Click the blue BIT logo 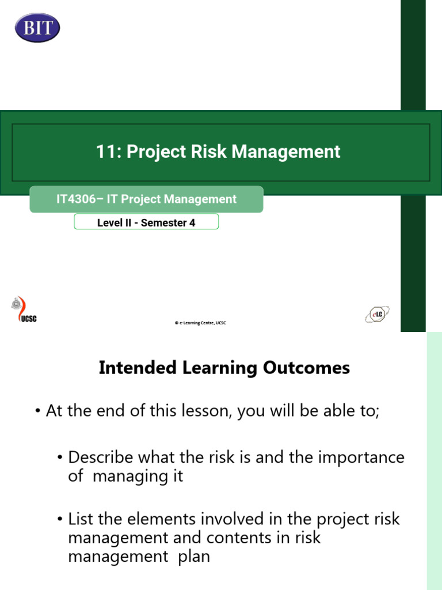point(37,27)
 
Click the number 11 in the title point(104,152)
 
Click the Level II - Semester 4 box point(146,222)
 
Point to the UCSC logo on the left point(23,311)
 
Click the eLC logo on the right point(377,315)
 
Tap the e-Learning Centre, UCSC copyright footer point(200,323)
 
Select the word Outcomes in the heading point(311,368)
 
